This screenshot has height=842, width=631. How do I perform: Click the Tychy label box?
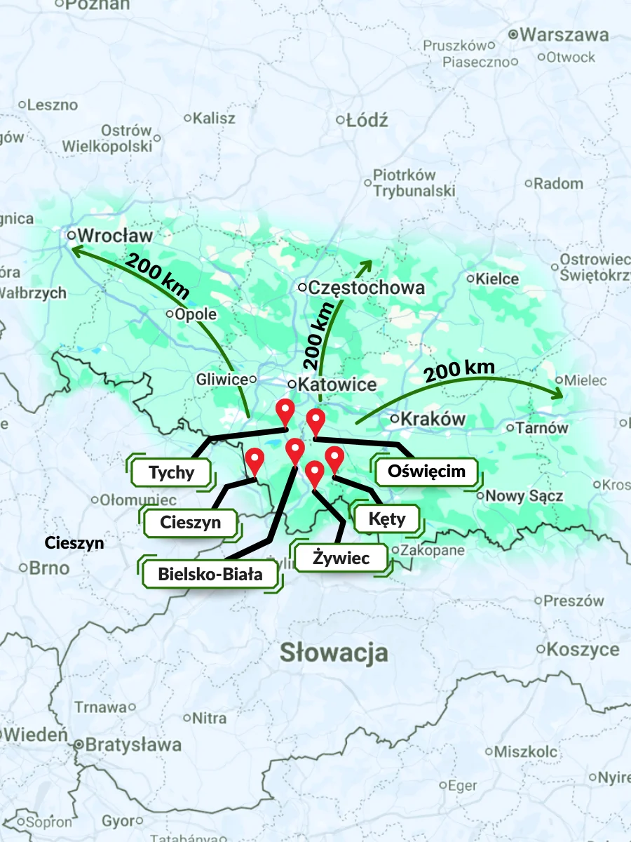(172, 472)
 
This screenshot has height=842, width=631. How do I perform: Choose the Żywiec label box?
(341, 559)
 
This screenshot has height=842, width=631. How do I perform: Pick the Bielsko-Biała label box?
(210, 575)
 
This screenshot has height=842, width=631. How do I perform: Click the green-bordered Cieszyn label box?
(190, 522)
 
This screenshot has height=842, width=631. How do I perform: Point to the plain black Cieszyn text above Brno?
(74, 542)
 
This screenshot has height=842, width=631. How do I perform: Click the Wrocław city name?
(116, 235)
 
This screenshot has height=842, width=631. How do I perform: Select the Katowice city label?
(337, 385)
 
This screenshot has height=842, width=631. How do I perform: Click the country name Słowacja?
(334, 652)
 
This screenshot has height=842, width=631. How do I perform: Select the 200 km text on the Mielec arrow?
(459, 370)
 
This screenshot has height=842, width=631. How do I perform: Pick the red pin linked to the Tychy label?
(284, 410)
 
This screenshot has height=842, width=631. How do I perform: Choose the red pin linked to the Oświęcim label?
(316, 422)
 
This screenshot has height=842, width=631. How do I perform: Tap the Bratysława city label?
(133, 744)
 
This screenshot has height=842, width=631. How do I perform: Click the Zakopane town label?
(433, 550)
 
